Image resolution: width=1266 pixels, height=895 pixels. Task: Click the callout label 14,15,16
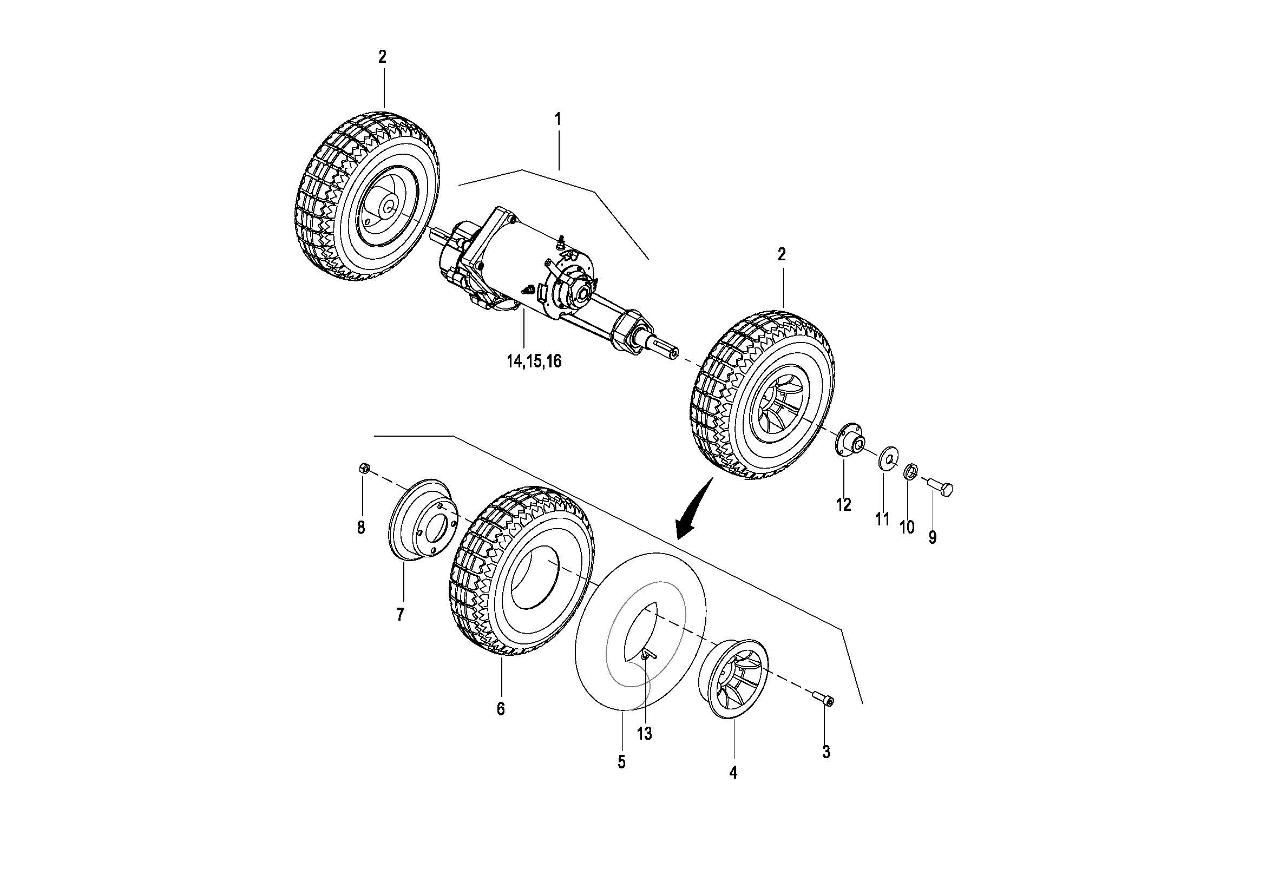(x=534, y=361)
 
